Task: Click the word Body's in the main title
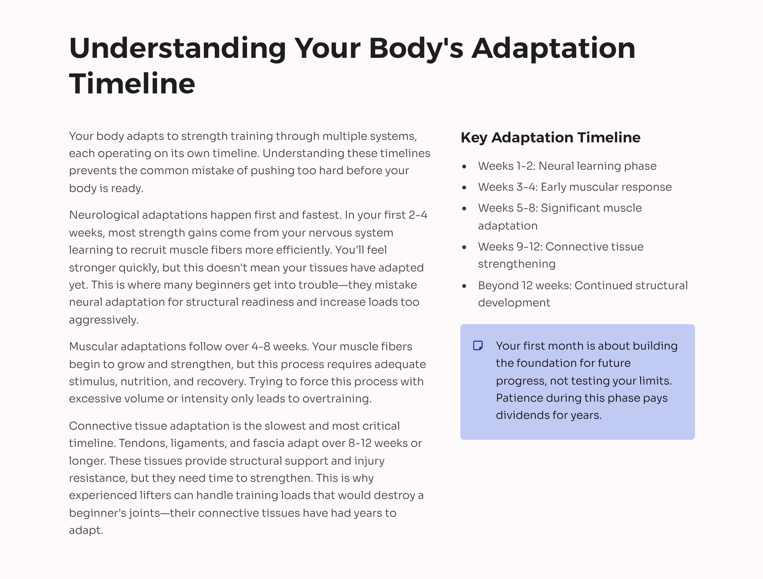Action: click(x=416, y=48)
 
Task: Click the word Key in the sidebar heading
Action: click(x=474, y=137)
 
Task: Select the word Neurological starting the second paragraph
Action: click(x=104, y=215)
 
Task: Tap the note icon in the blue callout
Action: click(x=478, y=345)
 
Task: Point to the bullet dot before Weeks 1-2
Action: click(x=464, y=167)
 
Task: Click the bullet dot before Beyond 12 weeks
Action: click(x=464, y=286)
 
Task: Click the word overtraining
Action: click(x=337, y=398)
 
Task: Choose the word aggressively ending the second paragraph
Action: click(x=103, y=320)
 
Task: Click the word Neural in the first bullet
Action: click(x=556, y=166)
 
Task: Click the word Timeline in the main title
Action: click(x=132, y=84)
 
